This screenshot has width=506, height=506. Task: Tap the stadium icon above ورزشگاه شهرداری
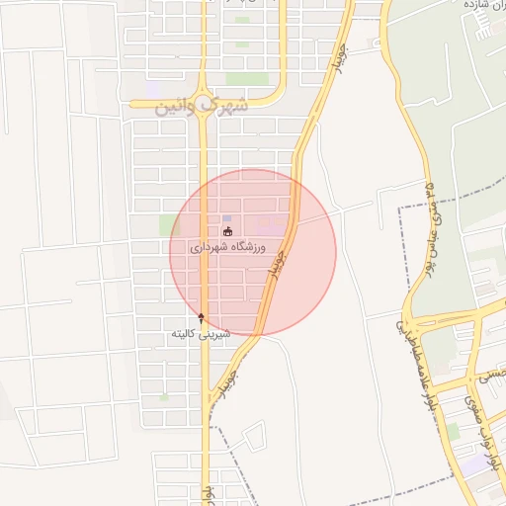coord(228,231)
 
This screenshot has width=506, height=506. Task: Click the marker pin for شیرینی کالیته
coord(202,317)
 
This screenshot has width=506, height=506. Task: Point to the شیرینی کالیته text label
coord(201,334)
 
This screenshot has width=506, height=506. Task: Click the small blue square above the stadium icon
coord(227,218)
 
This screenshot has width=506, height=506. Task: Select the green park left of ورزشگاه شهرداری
coord(168,225)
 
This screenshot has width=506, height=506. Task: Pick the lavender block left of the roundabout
coord(152,90)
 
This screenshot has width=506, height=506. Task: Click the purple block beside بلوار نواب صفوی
coord(475,463)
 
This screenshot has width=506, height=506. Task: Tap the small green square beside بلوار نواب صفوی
coord(453,432)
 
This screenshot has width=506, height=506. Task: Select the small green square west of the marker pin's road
coord(164,397)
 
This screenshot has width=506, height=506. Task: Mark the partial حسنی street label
coord(490,376)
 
